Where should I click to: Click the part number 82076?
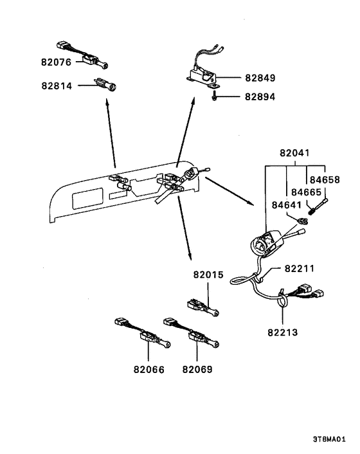pos(56,62)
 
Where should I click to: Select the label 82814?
pos(57,86)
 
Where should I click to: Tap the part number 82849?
pos(260,78)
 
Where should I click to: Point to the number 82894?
pos(260,96)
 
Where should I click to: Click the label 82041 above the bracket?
pos(294,153)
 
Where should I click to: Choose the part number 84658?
pos(325,180)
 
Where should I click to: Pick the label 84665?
pos(306,192)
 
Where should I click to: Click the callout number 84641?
pos(287,205)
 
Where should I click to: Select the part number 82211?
pos(300,269)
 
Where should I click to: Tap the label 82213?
pos(283,332)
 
